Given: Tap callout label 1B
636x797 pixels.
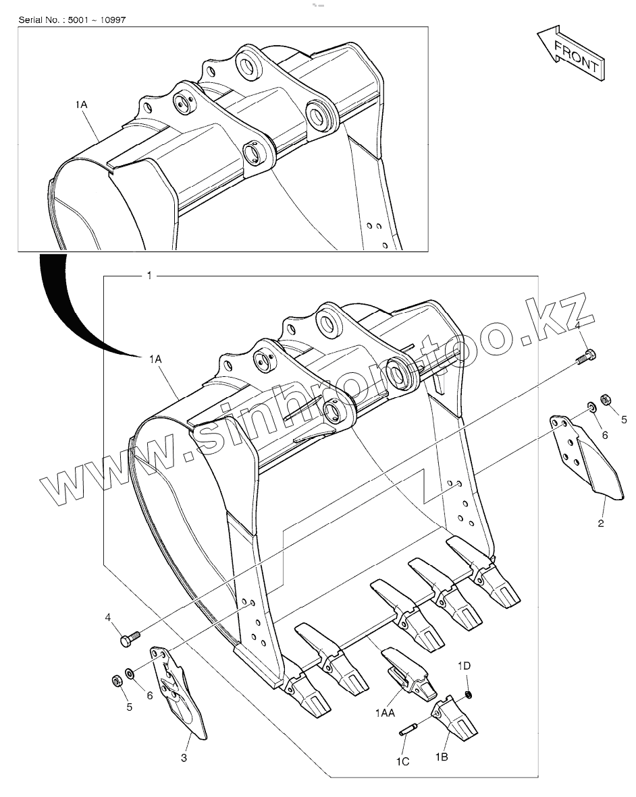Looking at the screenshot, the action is [x=442, y=758].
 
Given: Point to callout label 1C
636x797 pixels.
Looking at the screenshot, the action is [x=402, y=762].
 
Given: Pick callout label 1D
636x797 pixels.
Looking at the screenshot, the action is [x=464, y=666].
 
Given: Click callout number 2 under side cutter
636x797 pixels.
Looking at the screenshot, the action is [x=600, y=523].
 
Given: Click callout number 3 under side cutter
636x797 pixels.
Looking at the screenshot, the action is [x=184, y=759].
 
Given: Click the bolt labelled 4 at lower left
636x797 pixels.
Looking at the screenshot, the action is [x=129, y=637].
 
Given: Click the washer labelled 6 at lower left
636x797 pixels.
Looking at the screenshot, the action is [x=130, y=674].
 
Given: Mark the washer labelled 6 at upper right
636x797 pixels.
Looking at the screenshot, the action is [x=591, y=407].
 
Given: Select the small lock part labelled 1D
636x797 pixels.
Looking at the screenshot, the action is [x=469, y=695].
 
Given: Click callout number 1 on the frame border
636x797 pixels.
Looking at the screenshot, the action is [x=149, y=276].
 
